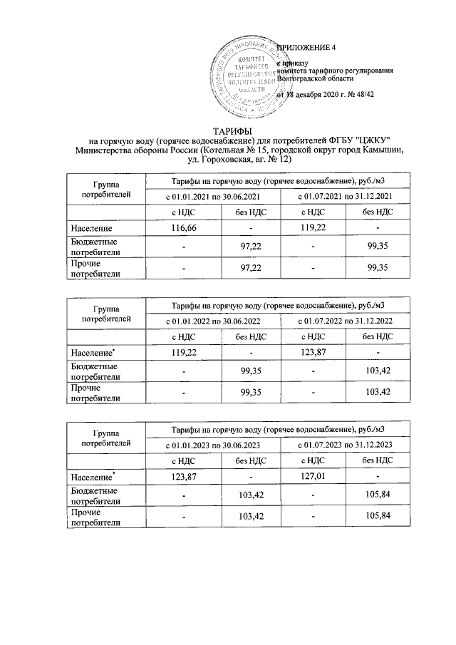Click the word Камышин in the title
382,149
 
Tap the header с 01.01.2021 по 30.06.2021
212,195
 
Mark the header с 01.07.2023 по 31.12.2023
345,444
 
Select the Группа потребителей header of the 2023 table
105,437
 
